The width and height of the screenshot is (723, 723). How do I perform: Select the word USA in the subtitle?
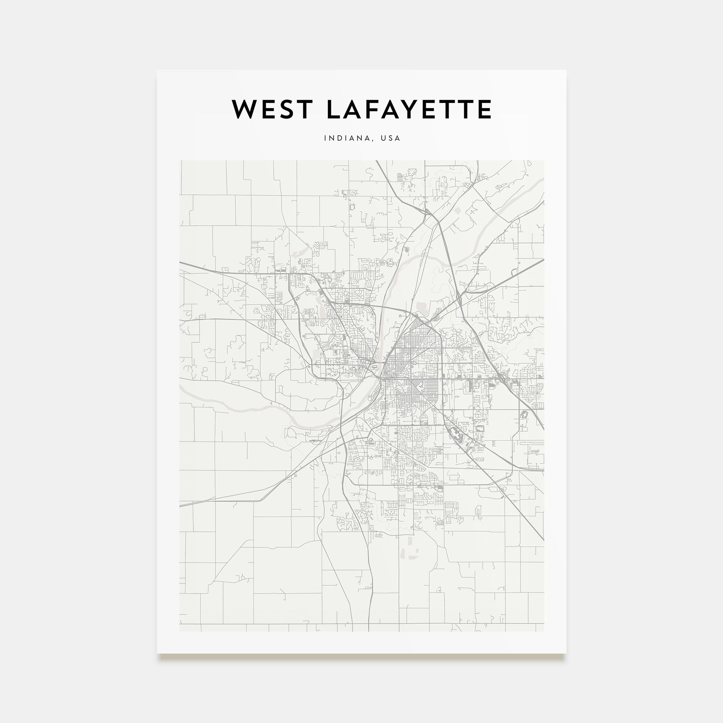[x=390, y=138]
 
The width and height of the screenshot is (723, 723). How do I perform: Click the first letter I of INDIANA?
[x=325, y=138]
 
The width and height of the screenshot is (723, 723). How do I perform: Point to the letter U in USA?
[x=383, y=138]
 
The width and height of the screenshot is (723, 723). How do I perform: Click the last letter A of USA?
[x=398, y=138]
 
